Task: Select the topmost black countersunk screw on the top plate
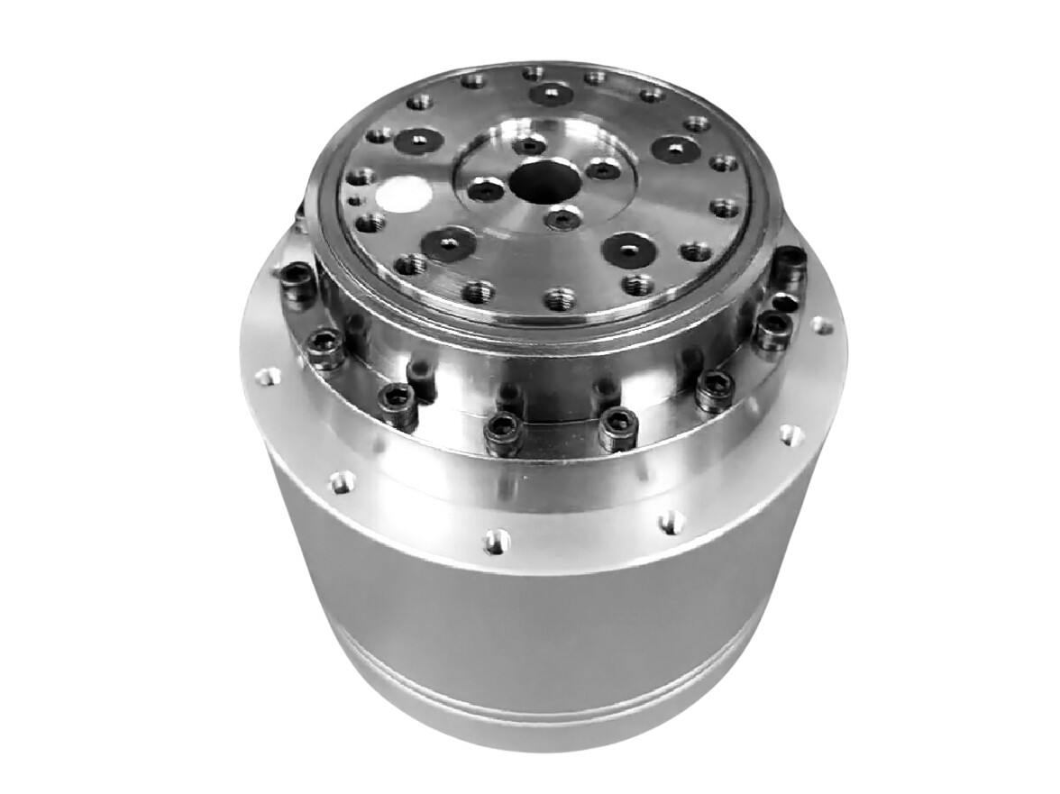click(x=551, y=94)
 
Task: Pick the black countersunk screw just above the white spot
click(x=419, y=141)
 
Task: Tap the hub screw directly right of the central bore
click(x=603, y=169)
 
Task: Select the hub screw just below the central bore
click(x=563, y=216)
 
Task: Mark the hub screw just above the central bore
click(x=529, y=144)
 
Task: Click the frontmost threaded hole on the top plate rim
click(x=560, y=298)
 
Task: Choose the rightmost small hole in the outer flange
click(x=818, y=324)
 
